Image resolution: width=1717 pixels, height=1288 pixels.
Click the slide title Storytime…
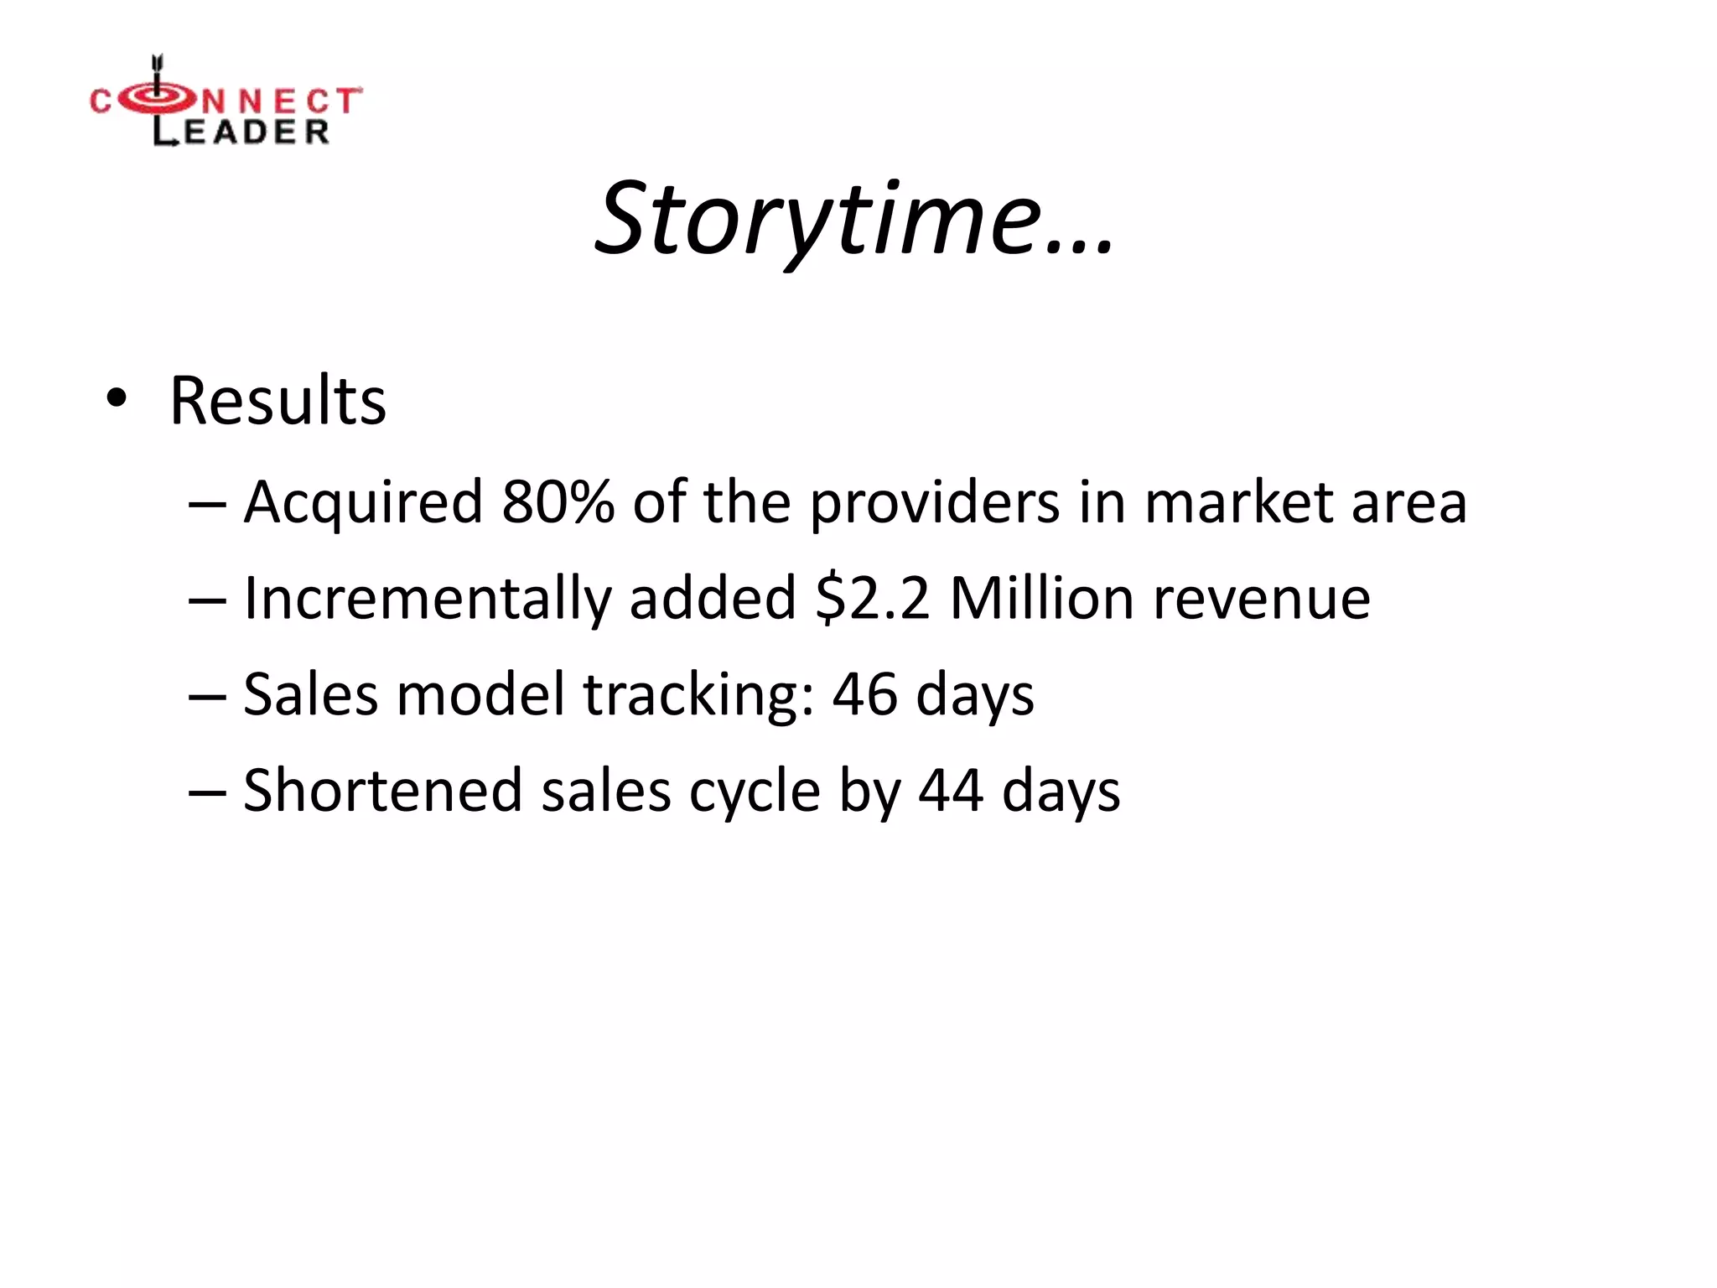coord(853,220)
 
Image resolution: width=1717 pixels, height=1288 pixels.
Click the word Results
coord(278,401)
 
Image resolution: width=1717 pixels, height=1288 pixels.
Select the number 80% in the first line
coord(558,502)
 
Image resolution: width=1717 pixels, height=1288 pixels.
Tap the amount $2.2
coord(872,599)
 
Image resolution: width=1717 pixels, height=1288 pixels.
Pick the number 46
coord(864,695)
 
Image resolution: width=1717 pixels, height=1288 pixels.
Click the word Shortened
coord(382,791)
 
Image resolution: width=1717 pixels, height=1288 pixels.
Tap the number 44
coord(951,791)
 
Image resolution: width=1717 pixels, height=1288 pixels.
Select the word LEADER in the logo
coord(241,132)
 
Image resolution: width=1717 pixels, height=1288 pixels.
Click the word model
coord(480,695)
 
